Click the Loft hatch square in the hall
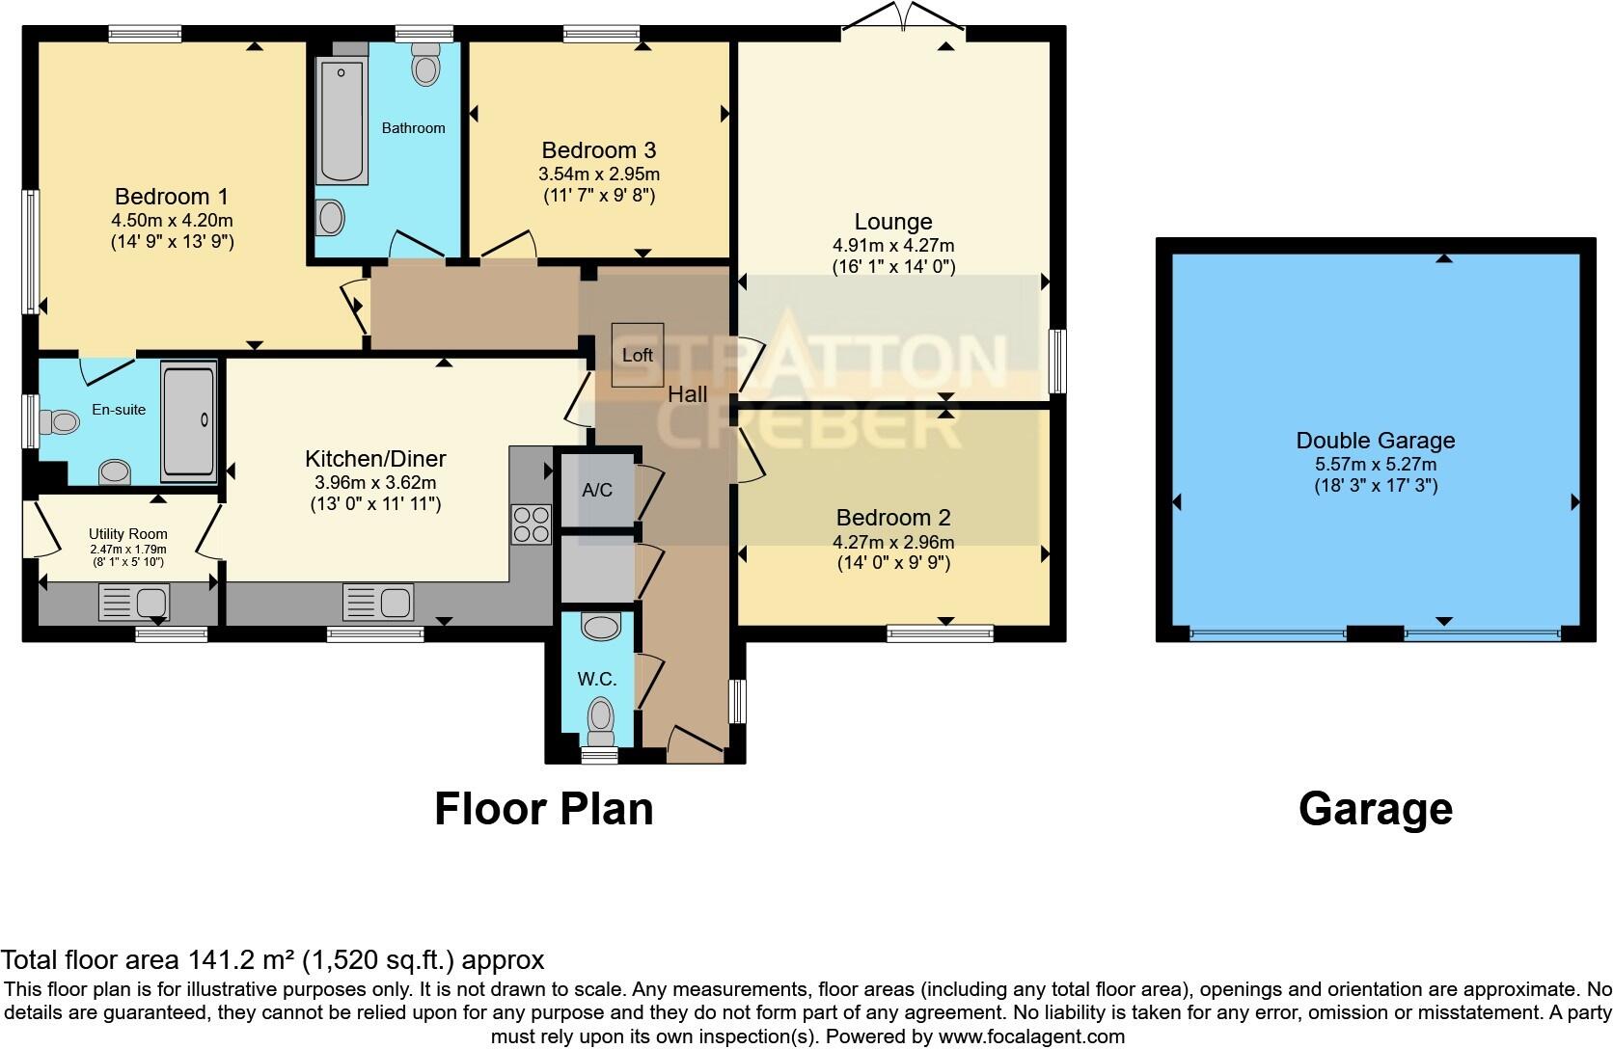(x=638, y=355)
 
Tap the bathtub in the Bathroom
(x=342, y=121)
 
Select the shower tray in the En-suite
(x=188, y=420)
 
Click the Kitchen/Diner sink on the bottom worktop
(x=378, y=604)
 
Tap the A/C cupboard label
(x=597, y=490)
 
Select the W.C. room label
(x=597, y=679)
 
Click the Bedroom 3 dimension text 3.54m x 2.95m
(x=599, y=175)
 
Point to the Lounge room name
(x=893, y=222)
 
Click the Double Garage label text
(x=1375, y=441)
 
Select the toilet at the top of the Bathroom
(x=424, y=66)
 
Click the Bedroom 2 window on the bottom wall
(x=940, y=633)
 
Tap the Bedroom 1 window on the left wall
(x=31, y=251)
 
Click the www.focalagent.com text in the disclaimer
(x=1031, y=1037)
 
